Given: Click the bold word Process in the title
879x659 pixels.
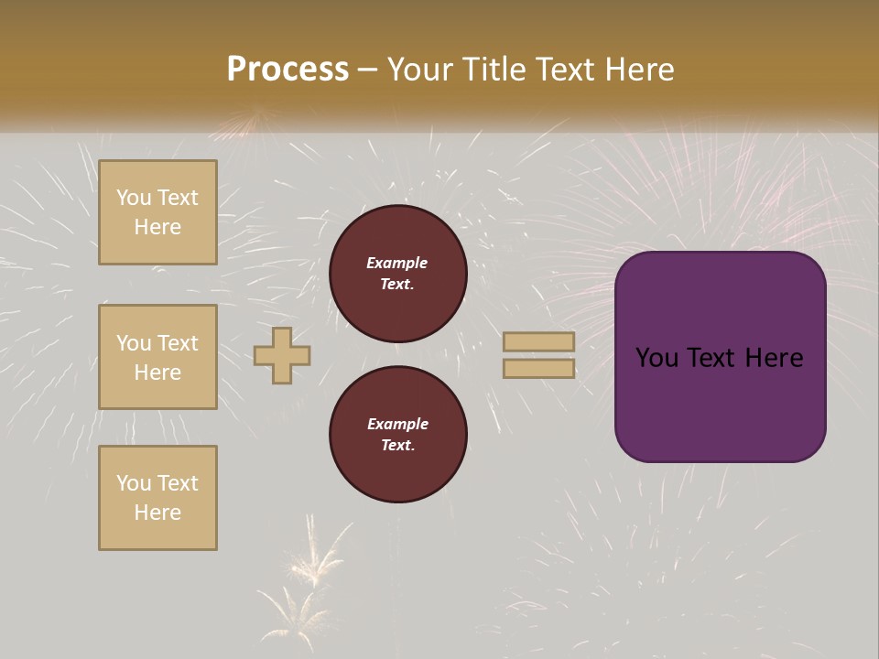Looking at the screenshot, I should [x=288, y=69].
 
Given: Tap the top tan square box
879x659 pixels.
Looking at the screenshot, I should [x=157, y=212].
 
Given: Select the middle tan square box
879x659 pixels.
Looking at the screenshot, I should [x=157, y=357].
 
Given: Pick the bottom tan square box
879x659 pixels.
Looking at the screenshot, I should [x=157, y=498].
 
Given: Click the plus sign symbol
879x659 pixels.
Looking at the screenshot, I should [x=282, y=355].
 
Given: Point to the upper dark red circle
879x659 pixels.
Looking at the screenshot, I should [x=397, y=274].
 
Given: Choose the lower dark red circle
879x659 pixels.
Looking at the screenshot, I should [x=397, y=435].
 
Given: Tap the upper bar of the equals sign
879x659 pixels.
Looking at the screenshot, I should [x=538, y=342].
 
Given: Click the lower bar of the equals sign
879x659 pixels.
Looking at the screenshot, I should [x=538, y=368].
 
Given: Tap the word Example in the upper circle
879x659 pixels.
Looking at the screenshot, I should [x=397, y=263].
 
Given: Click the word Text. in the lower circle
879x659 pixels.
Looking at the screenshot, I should [x=397, y=446].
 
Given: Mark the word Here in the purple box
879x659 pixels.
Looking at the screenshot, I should [x=774, y=358].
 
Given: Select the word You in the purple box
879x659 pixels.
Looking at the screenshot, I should [x=657, y=358].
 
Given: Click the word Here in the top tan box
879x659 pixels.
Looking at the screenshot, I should [x=157, y=227].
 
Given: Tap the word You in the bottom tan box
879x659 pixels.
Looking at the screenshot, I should [x=134, y=483].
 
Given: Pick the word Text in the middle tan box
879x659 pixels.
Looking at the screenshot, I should [x=178, y=343].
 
